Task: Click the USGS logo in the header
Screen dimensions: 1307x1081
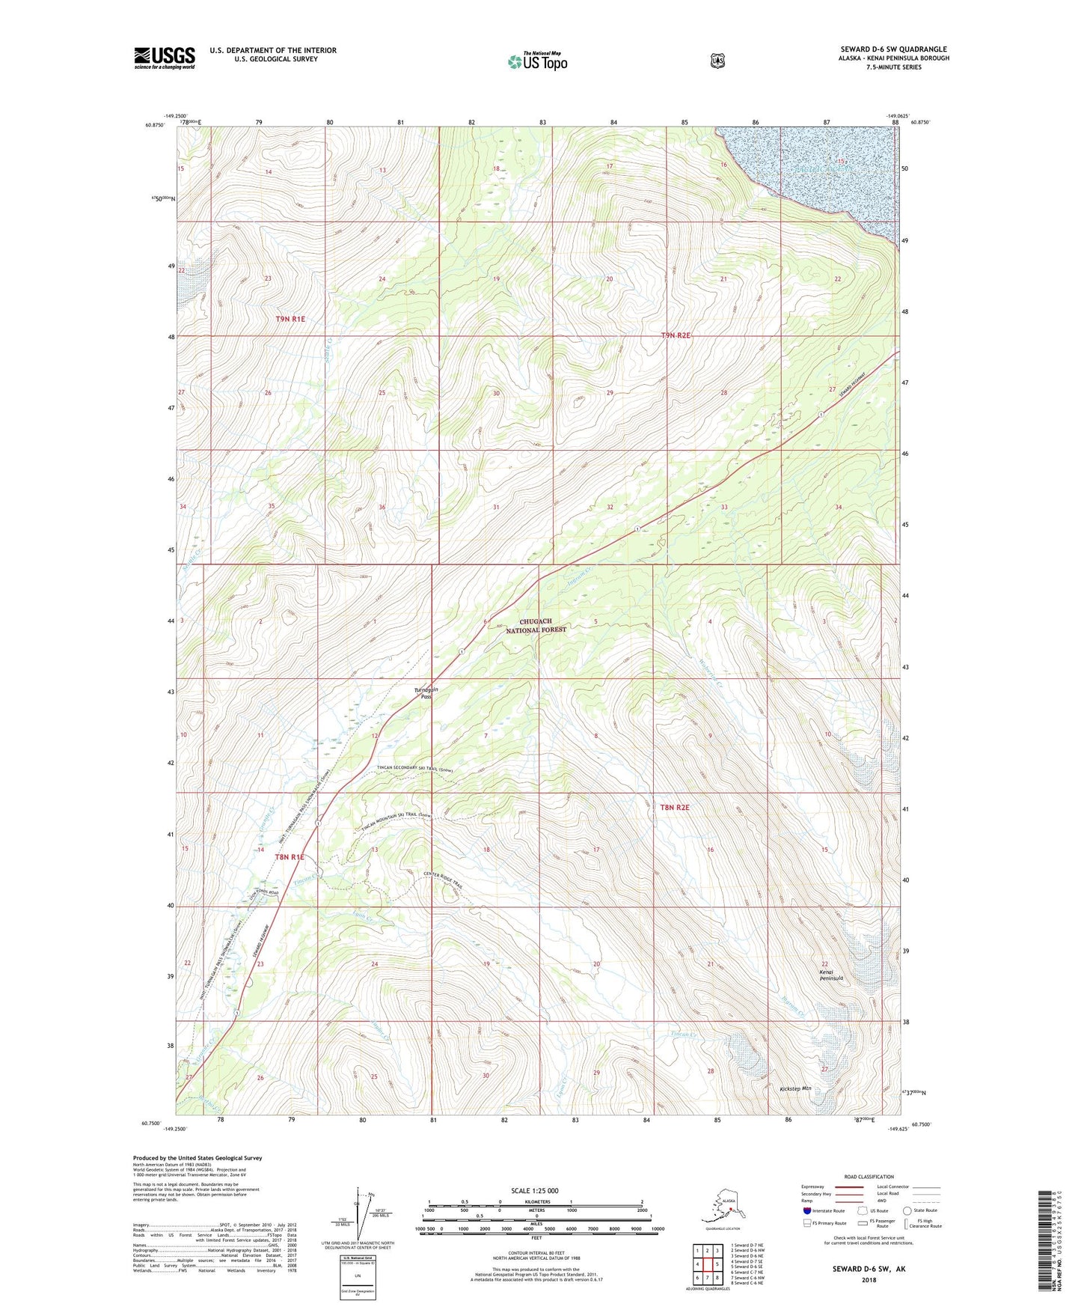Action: tap(165, 58)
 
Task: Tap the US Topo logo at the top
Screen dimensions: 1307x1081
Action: tap(536, 61)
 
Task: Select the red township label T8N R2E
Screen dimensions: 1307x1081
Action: tap(674, 808)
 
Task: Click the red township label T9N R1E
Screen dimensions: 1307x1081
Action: tap(290, 319)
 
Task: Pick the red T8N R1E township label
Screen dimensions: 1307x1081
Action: tap(290, 857)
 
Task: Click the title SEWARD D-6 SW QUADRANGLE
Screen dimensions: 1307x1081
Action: tap(893, 49)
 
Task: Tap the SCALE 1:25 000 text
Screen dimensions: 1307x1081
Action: tap(534, 1191)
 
